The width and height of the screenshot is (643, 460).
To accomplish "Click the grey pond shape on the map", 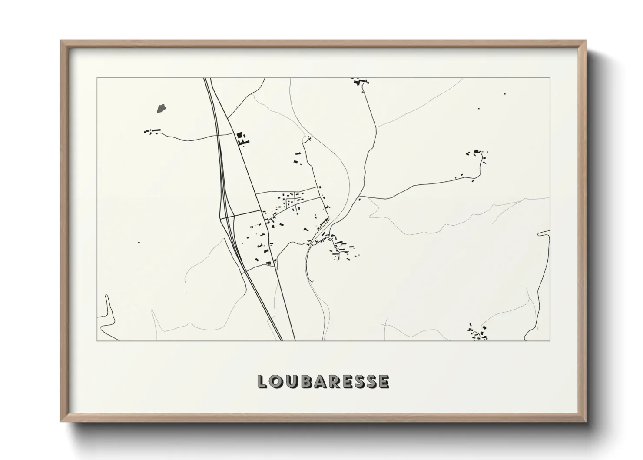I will point(161,108).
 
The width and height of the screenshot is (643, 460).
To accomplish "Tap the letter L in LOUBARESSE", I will point(262,381).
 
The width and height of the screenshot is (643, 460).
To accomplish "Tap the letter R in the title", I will point(335,381).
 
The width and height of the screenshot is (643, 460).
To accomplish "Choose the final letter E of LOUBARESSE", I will point(383,381).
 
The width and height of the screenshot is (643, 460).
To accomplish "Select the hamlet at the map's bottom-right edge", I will point(477,333).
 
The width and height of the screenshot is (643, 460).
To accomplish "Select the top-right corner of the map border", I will point(550,78).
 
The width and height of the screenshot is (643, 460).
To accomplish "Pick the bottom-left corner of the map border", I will point(97,340).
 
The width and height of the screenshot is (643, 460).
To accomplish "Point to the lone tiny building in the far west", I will point(139,242).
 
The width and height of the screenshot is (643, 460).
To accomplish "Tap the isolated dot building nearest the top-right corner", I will point(504,93).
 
